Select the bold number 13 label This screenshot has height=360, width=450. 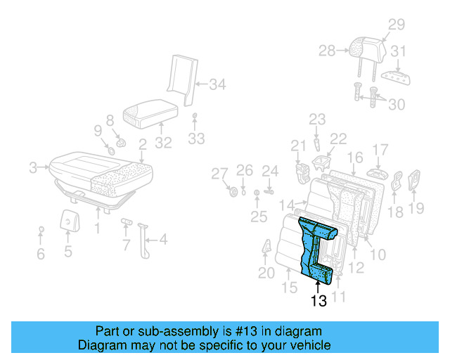click(x=318, y=301)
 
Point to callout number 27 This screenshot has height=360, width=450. click(x=220, y=174)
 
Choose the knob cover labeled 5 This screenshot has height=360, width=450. click(x=67, y=220)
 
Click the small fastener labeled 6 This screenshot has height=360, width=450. click(x=41, y=230)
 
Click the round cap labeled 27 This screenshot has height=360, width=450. click(x=233, y=192)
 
